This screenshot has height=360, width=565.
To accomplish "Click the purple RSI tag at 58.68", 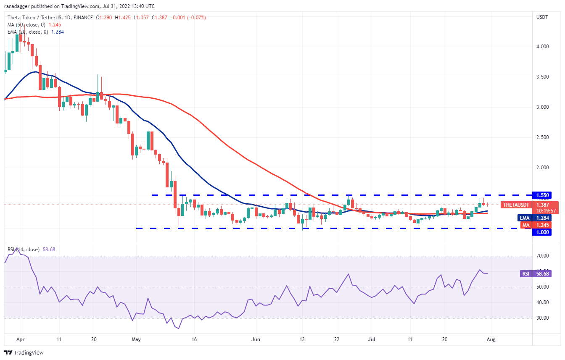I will pos(525,273).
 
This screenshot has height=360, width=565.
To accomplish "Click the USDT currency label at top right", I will pos(542,17).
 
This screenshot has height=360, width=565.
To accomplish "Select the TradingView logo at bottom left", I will pos(24,352).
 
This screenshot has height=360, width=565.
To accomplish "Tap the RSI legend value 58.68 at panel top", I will pos(48,250).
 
